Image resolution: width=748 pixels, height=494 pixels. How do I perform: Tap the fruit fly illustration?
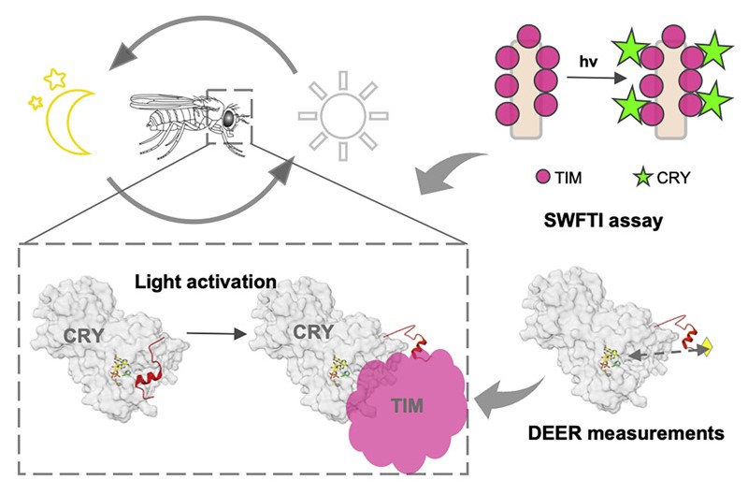(182, 117)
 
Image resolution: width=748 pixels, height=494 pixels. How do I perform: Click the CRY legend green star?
(642, 176)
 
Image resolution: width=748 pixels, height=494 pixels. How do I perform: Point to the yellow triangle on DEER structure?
(709, 349)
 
